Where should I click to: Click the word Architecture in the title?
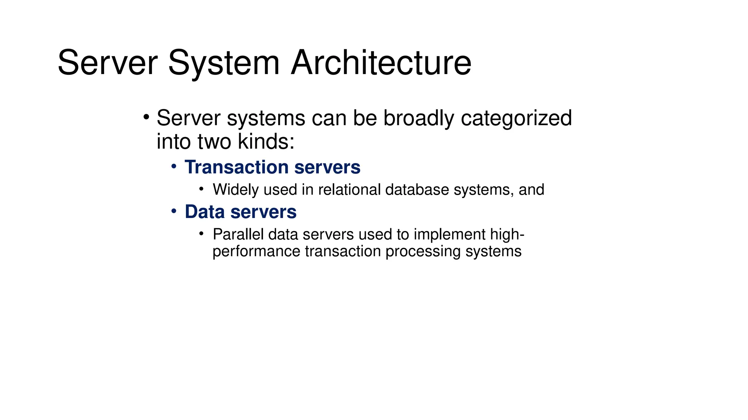pyautogui.click(x=381, y=63)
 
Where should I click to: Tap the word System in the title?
pyautogui.click(x=224, y=63)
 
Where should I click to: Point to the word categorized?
pyautogui.click(x=516, y=118)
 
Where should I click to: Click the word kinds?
pyautogui.click(x=266, y=141)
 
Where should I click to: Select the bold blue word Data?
pyautogui.click(x=204, y=212)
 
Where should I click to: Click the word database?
pyautogui.click(x=417, y=190)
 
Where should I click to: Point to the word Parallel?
pyautogui.click(x=238, y=234)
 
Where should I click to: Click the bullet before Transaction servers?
pyautogui.click(x=174, y=167)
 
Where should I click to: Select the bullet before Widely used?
pyautogui.click(x=201, y=189)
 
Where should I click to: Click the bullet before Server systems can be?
pyautogui.click(x=146, y=117)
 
